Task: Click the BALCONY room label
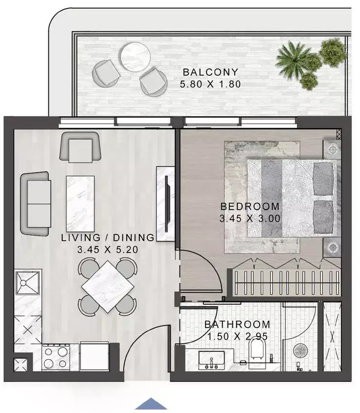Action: [x=211, y=72]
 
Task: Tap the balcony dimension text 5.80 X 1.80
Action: [x=211, y=84]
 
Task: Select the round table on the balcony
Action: [x=136, y=57]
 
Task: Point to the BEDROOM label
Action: [x=250, y=207]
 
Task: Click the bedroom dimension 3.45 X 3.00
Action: [x=250, y=218]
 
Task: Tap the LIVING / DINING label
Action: [x=108, y=238]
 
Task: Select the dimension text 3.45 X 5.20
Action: [x=108, y=250]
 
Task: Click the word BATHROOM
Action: [x=237, y=324]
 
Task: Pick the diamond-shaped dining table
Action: [x=108, y=286]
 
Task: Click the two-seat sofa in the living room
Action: [x=35, y=204]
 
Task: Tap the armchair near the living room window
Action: [x=81, y=147]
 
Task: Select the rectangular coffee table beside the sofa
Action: [x=81, y=204]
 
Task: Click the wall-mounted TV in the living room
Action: [x=166, y=204]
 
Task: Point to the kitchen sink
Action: [x=27, y=283]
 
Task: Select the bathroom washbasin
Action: [x=212, y=360]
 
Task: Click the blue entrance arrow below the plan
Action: [x=151, y=404]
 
